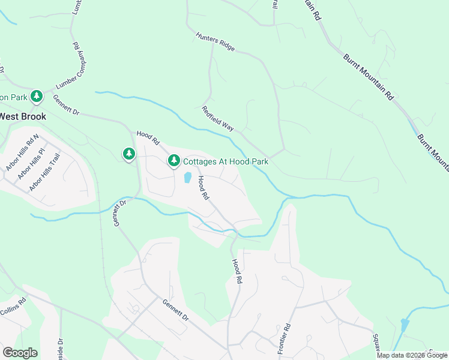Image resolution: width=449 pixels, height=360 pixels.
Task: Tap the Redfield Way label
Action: click(x=217, y=118)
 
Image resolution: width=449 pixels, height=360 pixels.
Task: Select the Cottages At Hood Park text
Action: click(x=225, y=161)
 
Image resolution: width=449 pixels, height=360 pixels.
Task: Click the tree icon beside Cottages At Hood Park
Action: click(x=174, y=161)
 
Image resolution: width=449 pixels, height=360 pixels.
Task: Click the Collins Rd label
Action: click(x=13, y=307)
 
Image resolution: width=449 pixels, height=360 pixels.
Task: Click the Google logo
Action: click(x=20, y=352)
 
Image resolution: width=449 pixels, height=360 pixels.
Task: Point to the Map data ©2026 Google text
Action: click(x=412, y=355)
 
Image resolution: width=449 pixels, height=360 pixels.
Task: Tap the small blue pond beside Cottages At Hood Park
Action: click(x=187, y=178)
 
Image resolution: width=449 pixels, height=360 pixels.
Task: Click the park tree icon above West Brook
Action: click(x=37, y=96)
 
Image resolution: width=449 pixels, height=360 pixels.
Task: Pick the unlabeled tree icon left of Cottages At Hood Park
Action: click(x=128, y=155)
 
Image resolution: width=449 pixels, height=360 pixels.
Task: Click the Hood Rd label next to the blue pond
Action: click(x=203, y=187)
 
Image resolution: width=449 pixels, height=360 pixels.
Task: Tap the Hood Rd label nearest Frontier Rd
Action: click(x=237, y=271)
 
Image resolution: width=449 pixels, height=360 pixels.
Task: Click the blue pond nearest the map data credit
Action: click(x=405, y=326)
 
